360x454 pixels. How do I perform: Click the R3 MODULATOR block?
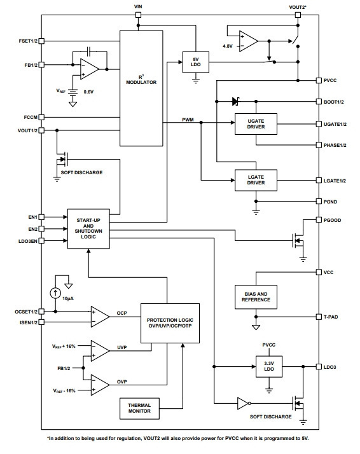[141, 88]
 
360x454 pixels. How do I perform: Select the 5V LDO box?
[196, 62]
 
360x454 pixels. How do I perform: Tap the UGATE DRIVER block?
[256, 124]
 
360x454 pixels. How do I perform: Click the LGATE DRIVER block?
[256, 180]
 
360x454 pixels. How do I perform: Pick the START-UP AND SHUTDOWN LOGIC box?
[88, 229]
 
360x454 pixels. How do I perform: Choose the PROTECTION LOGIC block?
[170, 323]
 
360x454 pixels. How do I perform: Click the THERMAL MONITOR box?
[139, 408]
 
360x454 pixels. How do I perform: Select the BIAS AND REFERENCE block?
[256, 297]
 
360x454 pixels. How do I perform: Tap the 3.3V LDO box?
[269, 366]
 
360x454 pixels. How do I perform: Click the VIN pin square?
[139, 15]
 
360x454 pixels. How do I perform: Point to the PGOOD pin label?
[332, 221]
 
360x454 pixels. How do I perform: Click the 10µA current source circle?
[55, 293]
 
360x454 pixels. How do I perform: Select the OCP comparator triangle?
[100, 317]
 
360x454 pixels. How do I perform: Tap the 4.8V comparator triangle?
[249, 41]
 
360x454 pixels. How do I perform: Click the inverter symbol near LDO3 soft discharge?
[244, 403]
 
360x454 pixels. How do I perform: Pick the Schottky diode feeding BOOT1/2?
[235, 102]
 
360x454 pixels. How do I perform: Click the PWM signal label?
[188, 120]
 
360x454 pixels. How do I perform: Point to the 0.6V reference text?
[88, 92]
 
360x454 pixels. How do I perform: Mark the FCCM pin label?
[31, 117]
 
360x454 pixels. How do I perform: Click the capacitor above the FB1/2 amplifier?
[89, 52]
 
